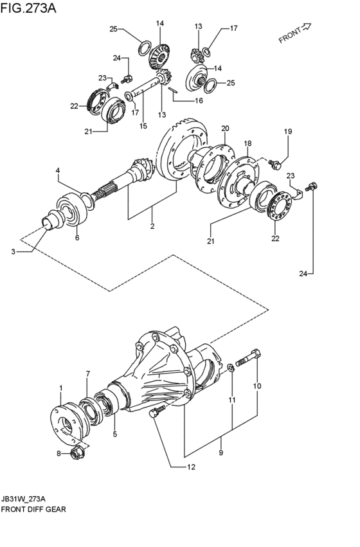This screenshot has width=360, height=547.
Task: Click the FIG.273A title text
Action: tap(28, 8)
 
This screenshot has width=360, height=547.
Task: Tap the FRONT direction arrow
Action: tap(305, 27)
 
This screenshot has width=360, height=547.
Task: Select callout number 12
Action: tap(191, 467)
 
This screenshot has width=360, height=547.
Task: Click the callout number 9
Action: tap(221, 453)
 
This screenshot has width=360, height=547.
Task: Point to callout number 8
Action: tap(59, 454)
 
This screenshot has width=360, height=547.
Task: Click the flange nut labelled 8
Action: tap(76, 454)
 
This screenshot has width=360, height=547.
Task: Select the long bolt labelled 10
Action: tap(248, 359)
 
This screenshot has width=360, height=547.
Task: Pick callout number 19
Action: tap(288, 132)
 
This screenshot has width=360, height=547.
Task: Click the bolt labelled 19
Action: tap(274, 164)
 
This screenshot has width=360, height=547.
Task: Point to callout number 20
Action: tap(225, 128)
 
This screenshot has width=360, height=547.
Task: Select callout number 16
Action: tap(199, 101)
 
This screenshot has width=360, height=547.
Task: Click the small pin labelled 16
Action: tap(174, 90)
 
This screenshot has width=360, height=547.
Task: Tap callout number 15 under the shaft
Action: tap(143, 126)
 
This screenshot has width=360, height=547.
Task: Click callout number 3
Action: tap(14, 251)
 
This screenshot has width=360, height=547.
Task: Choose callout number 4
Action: tap(58, 170)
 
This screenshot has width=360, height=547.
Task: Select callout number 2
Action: tap(152, 226)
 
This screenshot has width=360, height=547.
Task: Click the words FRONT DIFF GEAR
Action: tap(33, 509)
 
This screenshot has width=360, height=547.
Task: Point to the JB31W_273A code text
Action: tap(23, 498)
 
